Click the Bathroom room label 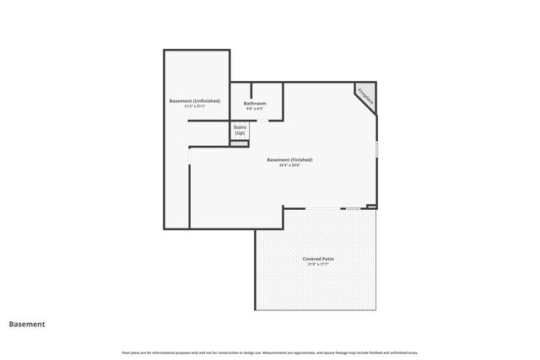255,103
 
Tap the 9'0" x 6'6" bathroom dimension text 255,109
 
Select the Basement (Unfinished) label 195,100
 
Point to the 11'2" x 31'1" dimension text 195,106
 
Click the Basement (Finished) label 289,159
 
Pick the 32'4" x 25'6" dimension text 289,165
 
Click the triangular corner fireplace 368,94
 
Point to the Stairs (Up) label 240,131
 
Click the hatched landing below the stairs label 240,143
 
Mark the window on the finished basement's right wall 376,148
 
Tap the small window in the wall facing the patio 353,207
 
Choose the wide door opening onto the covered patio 323,207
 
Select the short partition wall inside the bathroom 251,90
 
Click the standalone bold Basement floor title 27,324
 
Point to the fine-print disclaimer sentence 270,352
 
